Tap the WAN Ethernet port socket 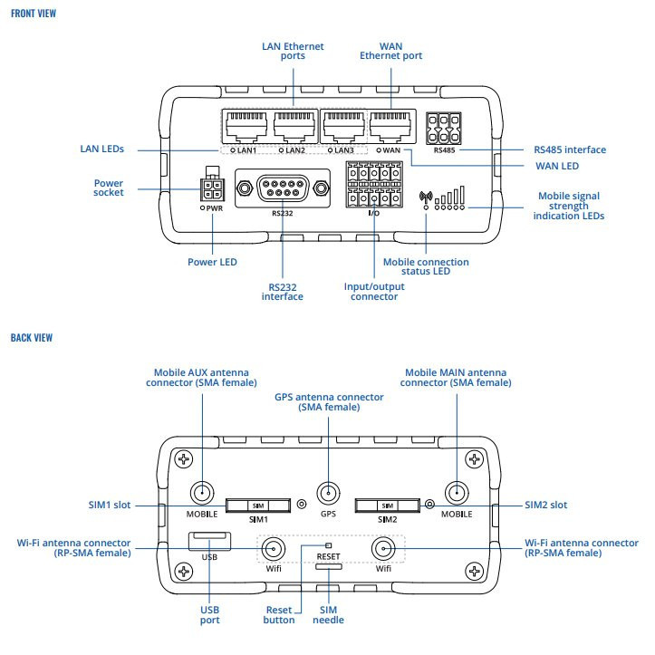coord(388,124)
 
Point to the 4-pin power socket coord(212,189)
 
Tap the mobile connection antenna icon coord(425,197)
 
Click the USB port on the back coord(209,542)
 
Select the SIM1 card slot coord(258,505)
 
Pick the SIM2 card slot coord(387,505)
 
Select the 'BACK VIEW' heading coord(32,337)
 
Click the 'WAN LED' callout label coord(555,167)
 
